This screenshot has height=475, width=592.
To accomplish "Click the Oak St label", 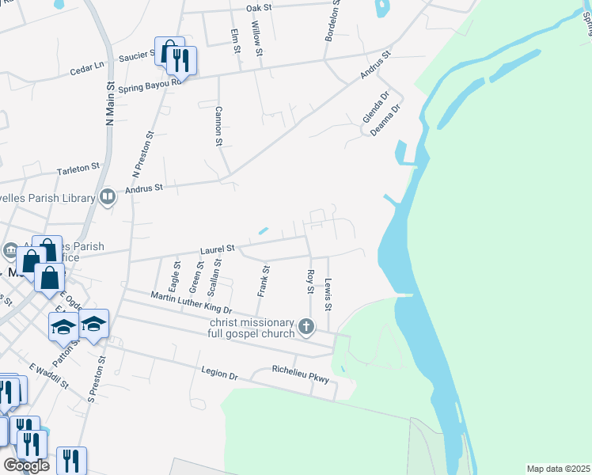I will tap(259, 7).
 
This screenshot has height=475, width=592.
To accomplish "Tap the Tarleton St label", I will tap(78, 168).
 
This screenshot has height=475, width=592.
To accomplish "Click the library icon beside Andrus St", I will tap(108, 196).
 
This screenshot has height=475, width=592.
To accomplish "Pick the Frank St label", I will tap(264, 281).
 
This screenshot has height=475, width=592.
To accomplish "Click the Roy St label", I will tap(310, 283).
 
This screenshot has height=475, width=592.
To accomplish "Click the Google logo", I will tap(26, 465).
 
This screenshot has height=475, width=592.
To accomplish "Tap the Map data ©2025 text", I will tap(558, 469).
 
